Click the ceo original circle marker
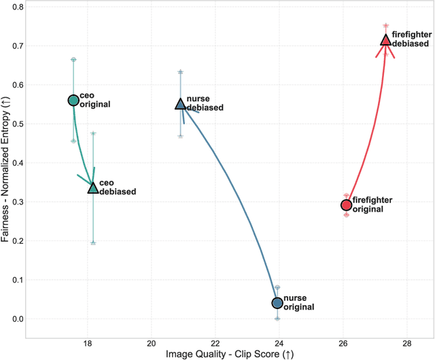pos(73,101)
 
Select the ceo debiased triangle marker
pos(93,187)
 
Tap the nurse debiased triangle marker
pos(180,104)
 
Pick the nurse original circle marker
pos(277,303)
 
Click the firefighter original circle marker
pos(346,204)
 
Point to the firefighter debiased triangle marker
pos(385,40)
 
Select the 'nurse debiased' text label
pos(205,103)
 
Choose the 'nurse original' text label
pos(298,302)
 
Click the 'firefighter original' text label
pos(374,204)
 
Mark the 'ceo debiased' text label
pos(118,187)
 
